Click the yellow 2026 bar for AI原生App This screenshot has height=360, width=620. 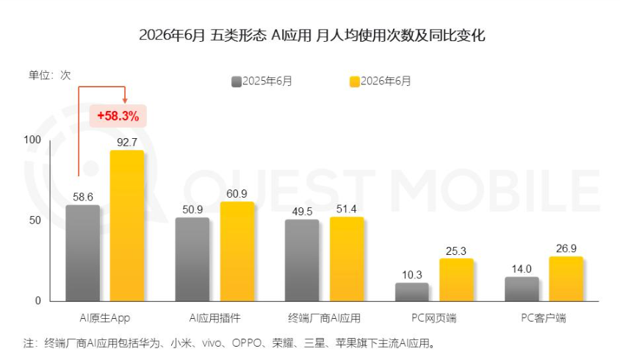click(127, 226)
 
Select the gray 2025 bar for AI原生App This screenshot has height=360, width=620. click(82, 253)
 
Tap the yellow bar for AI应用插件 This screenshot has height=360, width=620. click(237, 251)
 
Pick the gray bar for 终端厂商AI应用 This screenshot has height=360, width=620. click(302, 260)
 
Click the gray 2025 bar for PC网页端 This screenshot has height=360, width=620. click(412, 292)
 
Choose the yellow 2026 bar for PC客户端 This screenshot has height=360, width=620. click(566, 279)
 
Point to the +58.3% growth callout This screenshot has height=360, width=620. click(118, 116)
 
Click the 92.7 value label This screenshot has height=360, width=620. click(127, 143)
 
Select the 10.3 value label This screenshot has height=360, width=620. click(412, 275)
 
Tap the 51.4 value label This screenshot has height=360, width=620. click(347, 209)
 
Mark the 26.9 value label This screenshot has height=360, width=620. click(566, 248)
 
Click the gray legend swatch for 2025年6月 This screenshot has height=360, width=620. click(237, 82)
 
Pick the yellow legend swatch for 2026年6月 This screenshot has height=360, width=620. click(355, 82)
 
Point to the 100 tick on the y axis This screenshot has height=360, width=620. click(32, 140)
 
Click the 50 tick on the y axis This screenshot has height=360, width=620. click(35, 220)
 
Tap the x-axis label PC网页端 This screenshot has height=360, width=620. click(433, 318)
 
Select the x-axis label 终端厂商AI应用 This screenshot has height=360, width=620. click(324, 318)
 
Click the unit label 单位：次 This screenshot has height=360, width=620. click(49, 75)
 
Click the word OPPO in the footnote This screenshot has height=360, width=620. click(247, 343)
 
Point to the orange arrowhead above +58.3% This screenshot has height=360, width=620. click(125, 101)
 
